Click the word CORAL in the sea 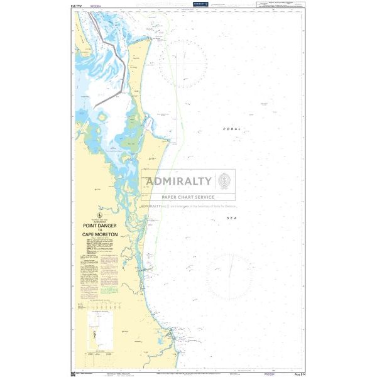tap(231, 129)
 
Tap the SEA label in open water tap(232, 217)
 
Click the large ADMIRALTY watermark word tap(178, 182)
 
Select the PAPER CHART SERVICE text tap(188, 197)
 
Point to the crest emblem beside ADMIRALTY tap(224, 182)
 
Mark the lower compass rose tap(229, 276)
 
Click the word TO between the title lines tap(100, 230)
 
